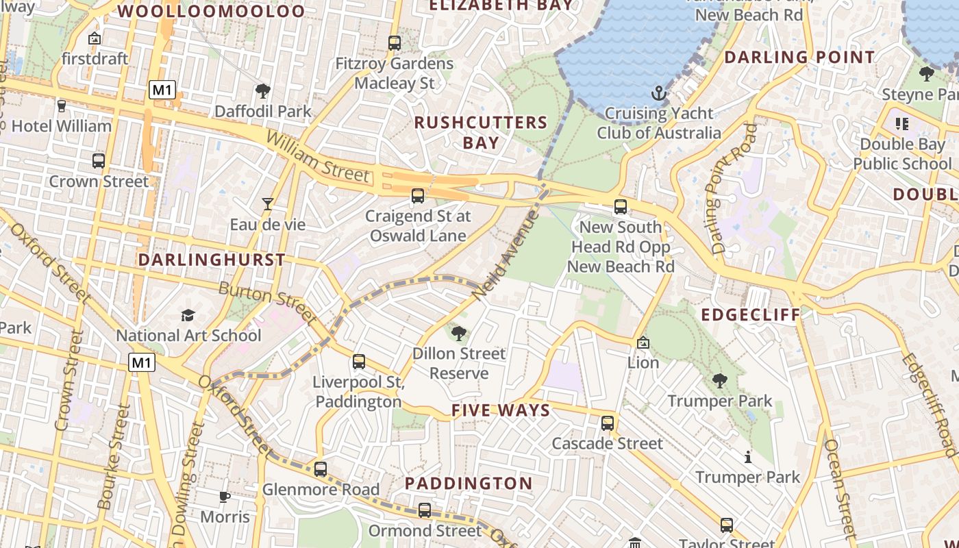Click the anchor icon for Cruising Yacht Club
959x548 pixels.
(658, 92)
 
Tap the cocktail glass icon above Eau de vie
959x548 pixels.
(268, 203)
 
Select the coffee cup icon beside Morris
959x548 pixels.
(225, 497)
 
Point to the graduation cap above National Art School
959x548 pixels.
(188, 315)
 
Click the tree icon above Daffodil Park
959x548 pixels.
(262, 90)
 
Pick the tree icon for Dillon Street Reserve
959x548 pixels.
(459, 334)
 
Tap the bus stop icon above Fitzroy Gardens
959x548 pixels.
(394, 42)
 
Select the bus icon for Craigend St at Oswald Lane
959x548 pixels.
(418, 196)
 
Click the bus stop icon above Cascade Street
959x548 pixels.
(608, 423)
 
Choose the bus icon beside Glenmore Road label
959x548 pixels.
(321, 469)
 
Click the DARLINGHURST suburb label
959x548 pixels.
(212, 260)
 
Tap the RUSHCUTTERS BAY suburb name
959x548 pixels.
(481, 132)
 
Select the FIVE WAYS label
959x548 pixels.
(501, 410)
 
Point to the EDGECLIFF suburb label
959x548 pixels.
(751, 314)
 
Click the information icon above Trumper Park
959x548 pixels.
(748, 457)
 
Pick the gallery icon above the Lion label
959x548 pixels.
(643, 342)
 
